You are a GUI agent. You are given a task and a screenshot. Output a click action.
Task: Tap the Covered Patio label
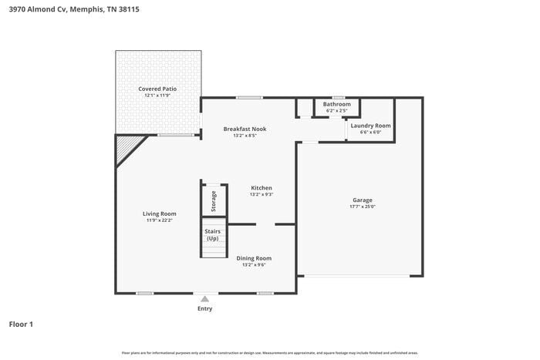[x=157, y=89]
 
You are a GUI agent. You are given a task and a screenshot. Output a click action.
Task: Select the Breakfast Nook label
[x=245, y=129]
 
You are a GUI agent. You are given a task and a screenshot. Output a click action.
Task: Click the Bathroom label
[x=336, y=104]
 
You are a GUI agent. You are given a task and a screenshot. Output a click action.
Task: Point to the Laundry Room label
[x=370, y=125]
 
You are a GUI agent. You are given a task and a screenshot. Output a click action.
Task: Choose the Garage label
[x=363, y=200]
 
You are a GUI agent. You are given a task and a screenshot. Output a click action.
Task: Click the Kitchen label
[x=261, y=187]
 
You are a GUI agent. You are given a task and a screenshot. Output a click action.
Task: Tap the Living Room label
[x=159, y=214]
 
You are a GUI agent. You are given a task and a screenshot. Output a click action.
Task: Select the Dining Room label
[x=254, y=258]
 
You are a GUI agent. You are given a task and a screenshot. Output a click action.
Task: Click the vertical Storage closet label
[x=214, y=202]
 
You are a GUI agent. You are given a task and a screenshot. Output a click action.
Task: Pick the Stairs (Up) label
[x=214, y=234]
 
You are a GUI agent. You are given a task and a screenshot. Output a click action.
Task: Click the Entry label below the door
[x=204, y=308]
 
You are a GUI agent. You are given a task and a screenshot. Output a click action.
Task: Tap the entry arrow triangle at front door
[x=204, y=298]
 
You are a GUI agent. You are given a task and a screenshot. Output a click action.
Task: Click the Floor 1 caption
[x=21, y=324]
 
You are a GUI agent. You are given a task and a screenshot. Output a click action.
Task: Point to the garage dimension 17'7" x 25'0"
[x=363, y=207]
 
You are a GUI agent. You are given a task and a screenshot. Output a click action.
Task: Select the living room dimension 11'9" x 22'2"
[x=159, y=220]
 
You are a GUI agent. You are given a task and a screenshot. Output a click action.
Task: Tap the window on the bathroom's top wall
[x=337, y=97]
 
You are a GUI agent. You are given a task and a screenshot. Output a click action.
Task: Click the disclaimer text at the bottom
[x=269, y=352]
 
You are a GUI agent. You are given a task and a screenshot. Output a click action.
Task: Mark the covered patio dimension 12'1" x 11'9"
[x=157, y=96]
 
